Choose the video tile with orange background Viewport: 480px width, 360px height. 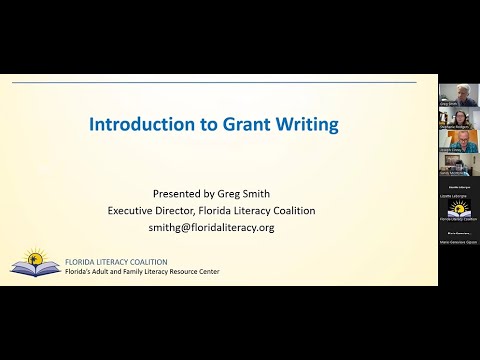(456, 142)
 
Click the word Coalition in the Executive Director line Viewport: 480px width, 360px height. (287, 211)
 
